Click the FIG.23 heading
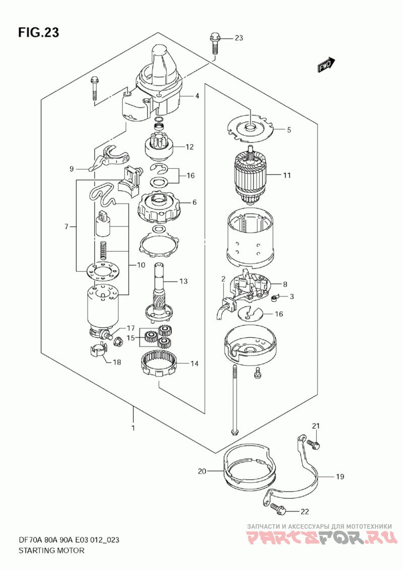coord(39,33)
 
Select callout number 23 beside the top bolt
coord(239,38)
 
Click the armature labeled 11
coord(251,175)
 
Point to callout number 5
coord(289,130)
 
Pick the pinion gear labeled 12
coord(159,146)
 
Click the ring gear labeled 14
coord(159,363)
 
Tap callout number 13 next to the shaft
coord(184,281)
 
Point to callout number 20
coord(202,471)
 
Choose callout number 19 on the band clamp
coord(340,476)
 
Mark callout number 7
coord(66,227)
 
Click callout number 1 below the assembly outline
coord(133,428)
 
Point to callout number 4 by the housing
coord(197,96)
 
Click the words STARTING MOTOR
coord(51,550)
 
